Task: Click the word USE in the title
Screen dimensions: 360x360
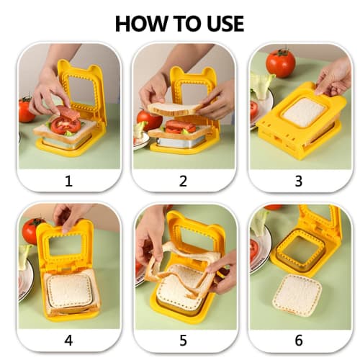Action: click(222, 23)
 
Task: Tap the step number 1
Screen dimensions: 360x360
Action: click(69, 181)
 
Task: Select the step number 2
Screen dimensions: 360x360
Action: click(183, 181)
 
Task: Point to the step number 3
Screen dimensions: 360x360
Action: click(297, 181)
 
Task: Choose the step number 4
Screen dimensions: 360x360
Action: click(69, 340)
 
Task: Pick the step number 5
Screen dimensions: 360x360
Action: click(183, 340)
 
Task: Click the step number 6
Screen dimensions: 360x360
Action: click(297, 340)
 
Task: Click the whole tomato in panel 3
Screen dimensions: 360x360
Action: click(280, 63)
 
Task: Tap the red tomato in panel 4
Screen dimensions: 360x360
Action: click(32, 230)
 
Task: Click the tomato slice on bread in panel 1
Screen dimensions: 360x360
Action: click(66, 125)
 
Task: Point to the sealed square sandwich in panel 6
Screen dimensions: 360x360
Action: click(297, 294)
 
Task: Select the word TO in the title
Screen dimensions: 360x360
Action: click(183, 23)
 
